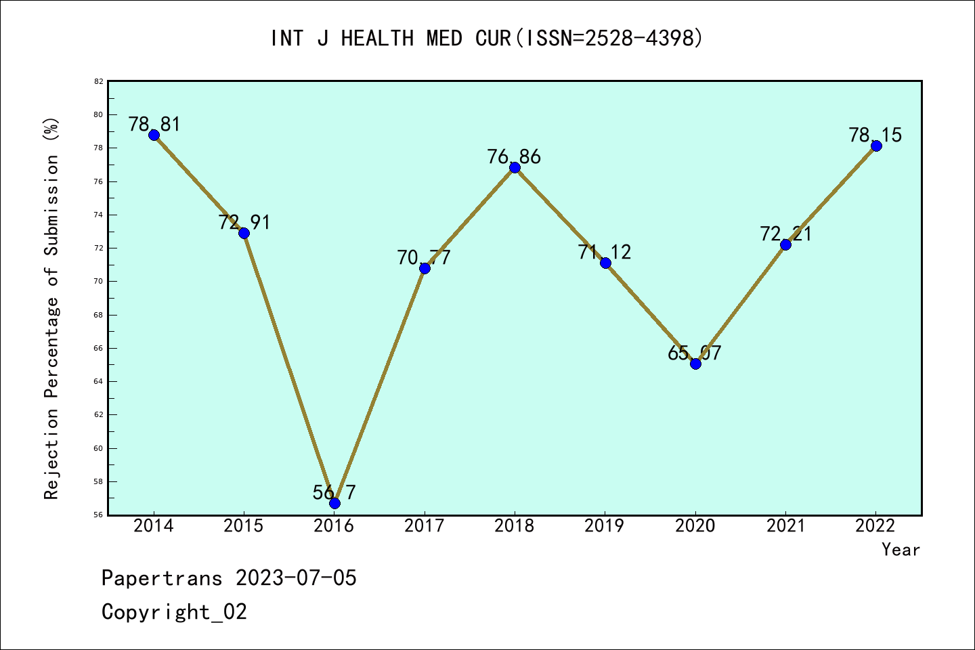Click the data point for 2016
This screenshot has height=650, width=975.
click(334, 503)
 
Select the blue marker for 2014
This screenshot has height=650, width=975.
click(154, 135)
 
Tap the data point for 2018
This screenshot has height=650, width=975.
click(515, 167)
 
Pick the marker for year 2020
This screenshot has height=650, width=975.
click(695, 364)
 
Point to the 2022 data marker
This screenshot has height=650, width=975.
click(876, 146)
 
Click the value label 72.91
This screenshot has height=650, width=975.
click(244, 222)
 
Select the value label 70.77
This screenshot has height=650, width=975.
click(424, 257)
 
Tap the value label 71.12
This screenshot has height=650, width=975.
click(604, 252)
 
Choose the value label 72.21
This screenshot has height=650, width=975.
click(785, 234)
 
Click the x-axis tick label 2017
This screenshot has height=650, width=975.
click(425, 526)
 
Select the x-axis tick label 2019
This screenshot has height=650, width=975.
click(605, 526)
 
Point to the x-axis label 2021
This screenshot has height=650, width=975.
click(785, 526)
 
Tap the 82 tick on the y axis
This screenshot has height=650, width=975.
click(99, 81)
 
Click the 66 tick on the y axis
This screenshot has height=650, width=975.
click(99, 348)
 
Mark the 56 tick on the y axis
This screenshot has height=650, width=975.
click(99, 515)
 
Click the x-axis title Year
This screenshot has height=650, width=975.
click(901, 550)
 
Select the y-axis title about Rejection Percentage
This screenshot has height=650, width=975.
click(52, 308)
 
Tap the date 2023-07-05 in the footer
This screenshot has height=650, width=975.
click(296, 578)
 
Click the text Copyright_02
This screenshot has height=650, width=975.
click(174, 612)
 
